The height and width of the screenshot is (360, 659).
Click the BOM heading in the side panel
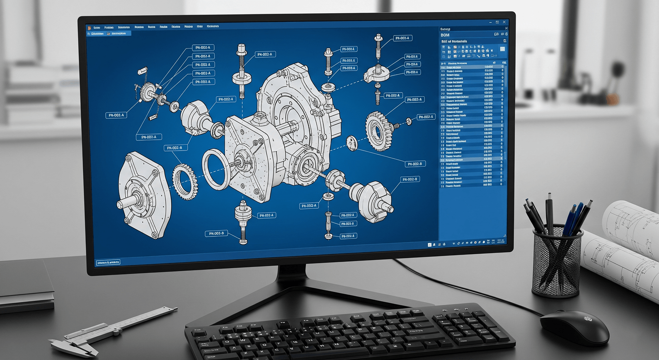tap(445, 35)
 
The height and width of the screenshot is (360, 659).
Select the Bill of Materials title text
tap(454, 41)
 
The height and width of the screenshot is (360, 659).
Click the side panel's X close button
tap(506, 28)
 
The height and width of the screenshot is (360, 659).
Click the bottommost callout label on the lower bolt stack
tap(347, 236)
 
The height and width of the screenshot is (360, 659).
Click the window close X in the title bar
tap(504, 22)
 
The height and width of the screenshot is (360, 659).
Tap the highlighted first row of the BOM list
tap(472, 67)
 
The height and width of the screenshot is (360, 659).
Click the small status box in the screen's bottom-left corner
tap(108, 263)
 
